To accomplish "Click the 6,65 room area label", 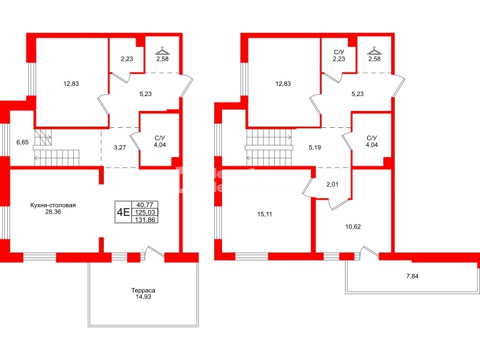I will (22, 142).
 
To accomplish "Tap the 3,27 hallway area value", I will (119, 147).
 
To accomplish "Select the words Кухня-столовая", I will (53, 205).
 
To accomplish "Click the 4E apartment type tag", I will (123, 211).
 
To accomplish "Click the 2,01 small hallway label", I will (332, 185).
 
